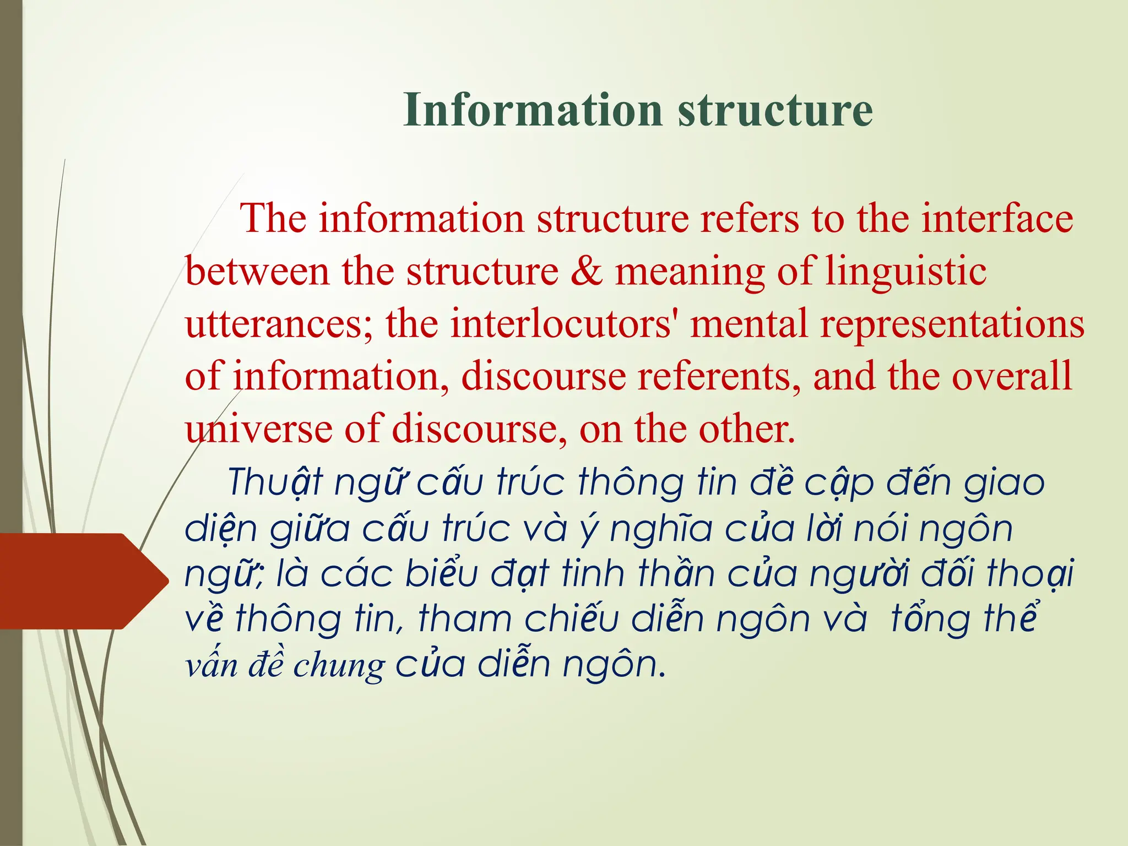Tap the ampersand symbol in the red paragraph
point(587,272)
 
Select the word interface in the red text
point(997,219)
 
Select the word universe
point(258,429)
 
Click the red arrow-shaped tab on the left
point(77,581)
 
